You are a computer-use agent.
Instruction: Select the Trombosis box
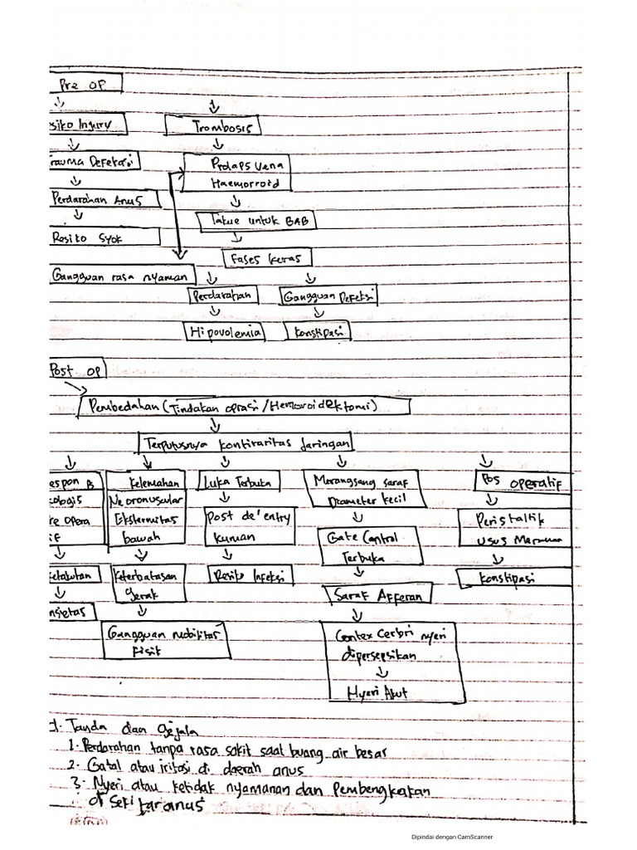213,126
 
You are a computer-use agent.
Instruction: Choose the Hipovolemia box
224,333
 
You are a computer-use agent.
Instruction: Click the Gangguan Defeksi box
328,296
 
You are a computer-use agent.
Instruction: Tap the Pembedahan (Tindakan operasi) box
245,405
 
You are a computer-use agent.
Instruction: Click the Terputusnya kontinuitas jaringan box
246,444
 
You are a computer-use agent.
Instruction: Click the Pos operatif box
523,481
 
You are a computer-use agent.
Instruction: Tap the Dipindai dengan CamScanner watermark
452,837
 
